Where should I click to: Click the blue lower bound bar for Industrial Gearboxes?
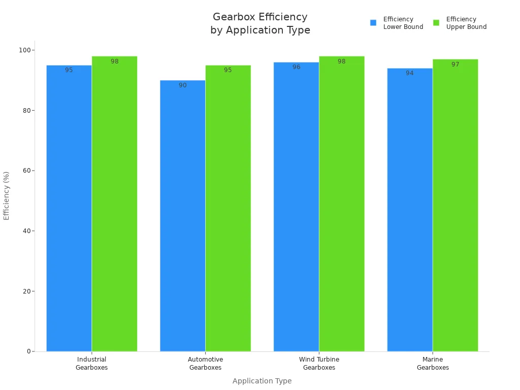pyautogui.click(x=69, y=208)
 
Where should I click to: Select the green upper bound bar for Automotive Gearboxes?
pyautogui.click(x=228, y=208)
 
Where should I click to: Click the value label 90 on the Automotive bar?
pyautogui.click(x=182, y=85)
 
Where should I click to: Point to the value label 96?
pyautogui.click(x=296, y=67)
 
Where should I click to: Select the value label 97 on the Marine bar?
pyautogui.click(x=455, y=64)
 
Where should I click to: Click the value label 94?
pyautogui.click(x=409, y=73)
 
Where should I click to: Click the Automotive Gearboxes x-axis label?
pyautogui.click(x=205, y=364)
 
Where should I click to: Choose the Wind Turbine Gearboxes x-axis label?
pyautogui.click(x=319, y=364)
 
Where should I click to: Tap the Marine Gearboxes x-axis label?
pyautogui.click(x=433, y=364)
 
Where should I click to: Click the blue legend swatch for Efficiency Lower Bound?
pyautogui.click(x=373, y=23)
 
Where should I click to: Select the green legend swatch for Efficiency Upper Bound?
pyautogui.click(x=436, y=23)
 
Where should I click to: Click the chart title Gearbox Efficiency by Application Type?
pyautogui.click(x=260, y=23)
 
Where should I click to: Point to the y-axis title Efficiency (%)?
pyautogui.click(x=7, y=196)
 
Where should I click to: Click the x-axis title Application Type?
pyautogui.click(x=262, y=381)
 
